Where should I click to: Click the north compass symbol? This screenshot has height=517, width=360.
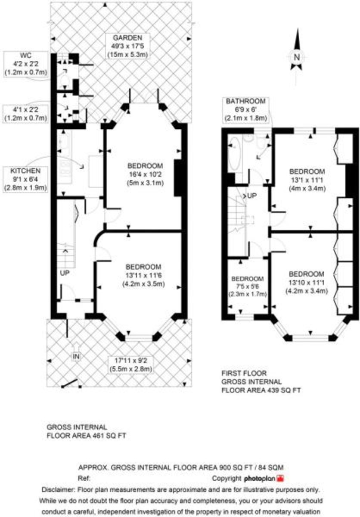click(x=297, y=56)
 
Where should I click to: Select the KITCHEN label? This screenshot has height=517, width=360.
click(x=26, y=171)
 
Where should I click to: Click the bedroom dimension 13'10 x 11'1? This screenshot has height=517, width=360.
click(x=307, y=283)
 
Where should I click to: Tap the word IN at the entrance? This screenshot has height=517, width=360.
click(x=77, y=356)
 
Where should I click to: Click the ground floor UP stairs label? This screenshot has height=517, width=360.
click(x=65, y=273)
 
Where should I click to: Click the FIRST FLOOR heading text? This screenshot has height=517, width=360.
click(x=244, y=373)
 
